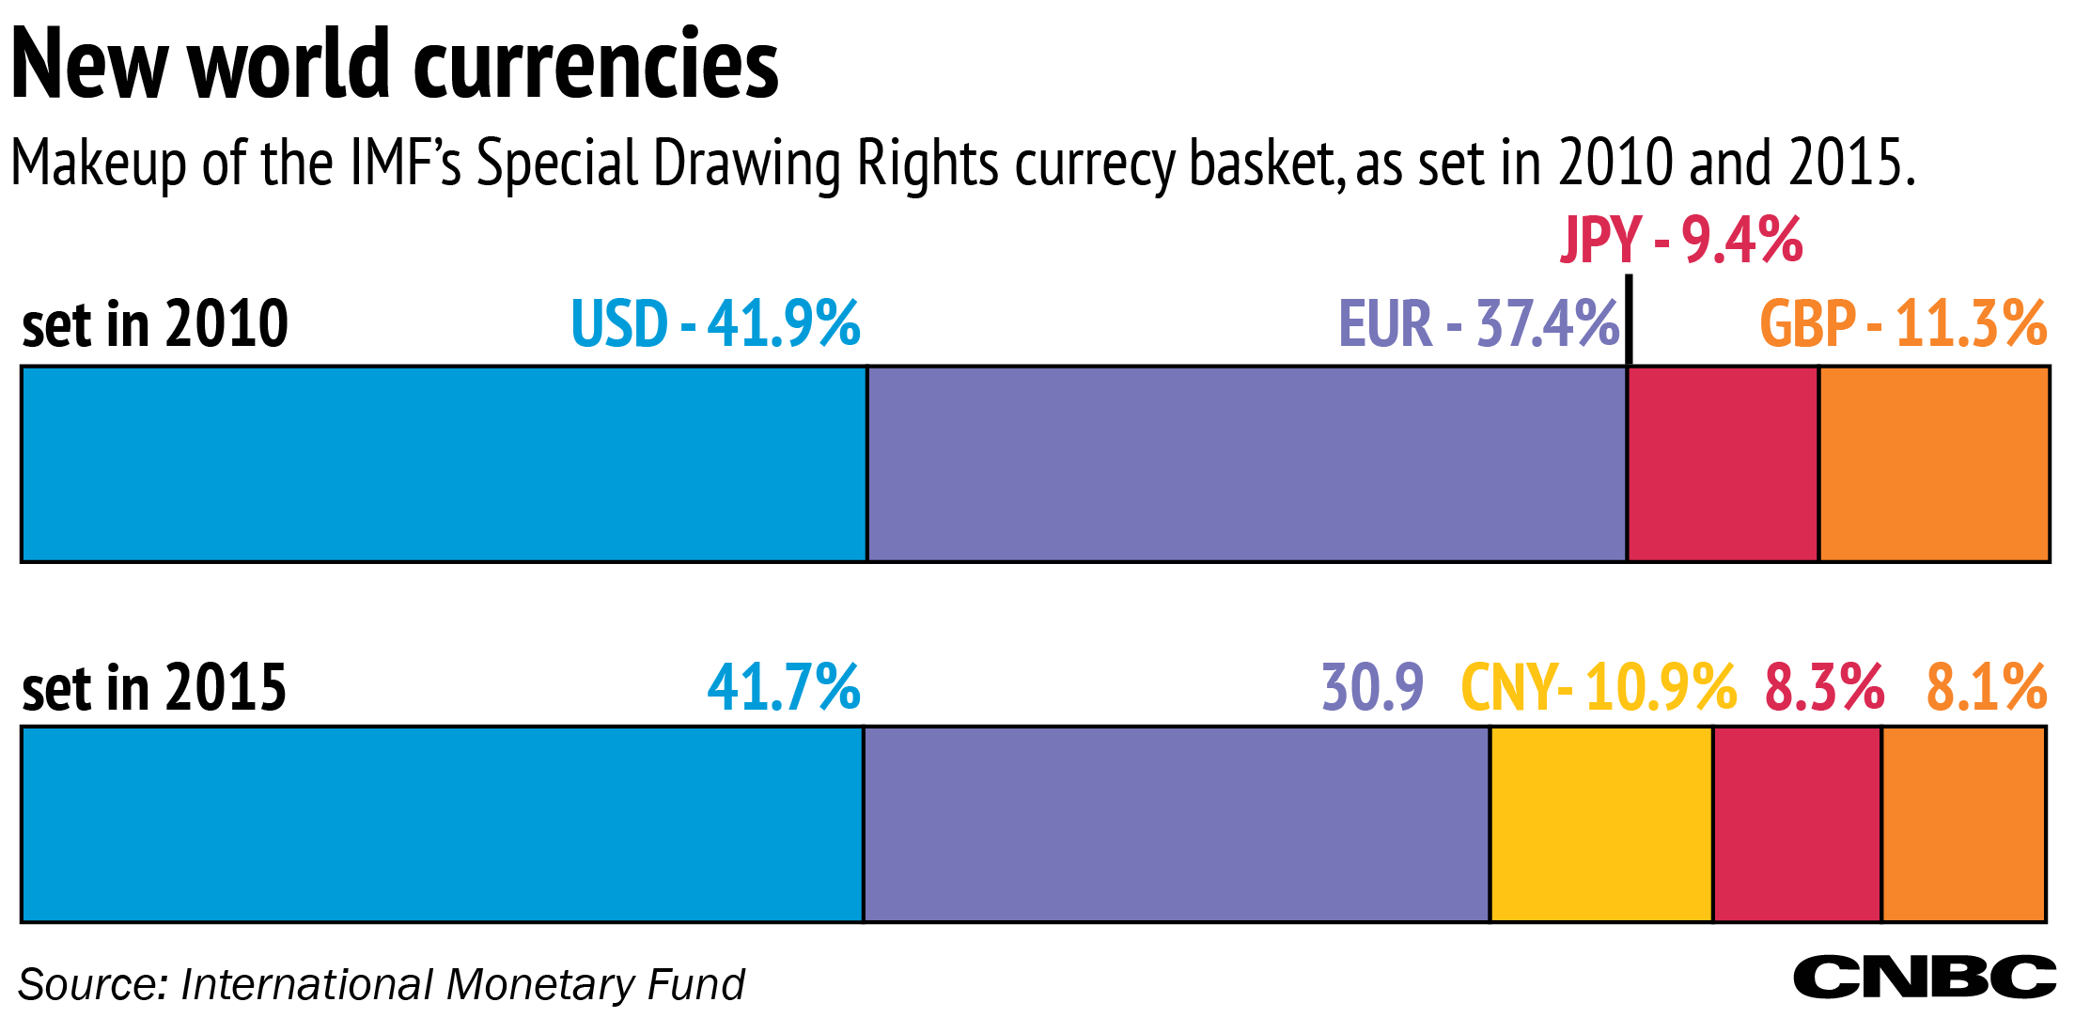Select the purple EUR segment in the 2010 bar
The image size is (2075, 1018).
(1246, 464)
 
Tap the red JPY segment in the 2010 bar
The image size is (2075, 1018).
(1723, 464)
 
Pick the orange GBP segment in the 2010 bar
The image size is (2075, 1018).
(1934, 464)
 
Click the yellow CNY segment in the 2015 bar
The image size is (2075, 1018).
(1601, 824)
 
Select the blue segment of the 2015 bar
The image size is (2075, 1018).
(442, 824)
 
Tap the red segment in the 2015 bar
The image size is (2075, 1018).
(1797, 824)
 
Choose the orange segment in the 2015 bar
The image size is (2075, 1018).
(1964, 824)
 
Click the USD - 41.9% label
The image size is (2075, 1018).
(715, 324)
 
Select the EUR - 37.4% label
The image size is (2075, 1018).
(1478, 324)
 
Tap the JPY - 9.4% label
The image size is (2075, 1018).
(1681, 240)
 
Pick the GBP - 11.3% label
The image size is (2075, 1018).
(1903, 324)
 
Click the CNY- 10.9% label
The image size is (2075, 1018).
(1599, 687)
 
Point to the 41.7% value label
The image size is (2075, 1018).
(784, 687)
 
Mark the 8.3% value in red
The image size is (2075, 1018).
(1824, 687)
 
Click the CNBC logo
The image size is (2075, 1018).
(1924, 978)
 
